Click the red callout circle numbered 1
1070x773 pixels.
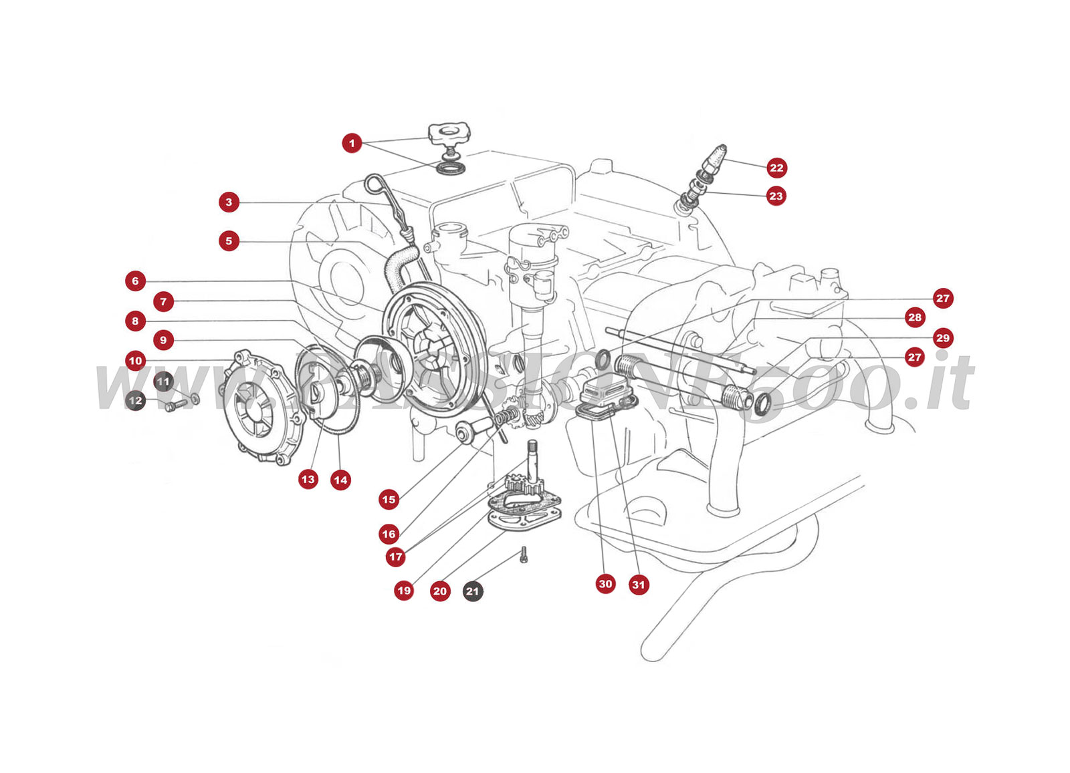point(352,143)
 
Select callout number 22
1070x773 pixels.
point(776,168)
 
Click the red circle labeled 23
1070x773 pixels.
point(776,196)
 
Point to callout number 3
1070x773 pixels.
point(229,202)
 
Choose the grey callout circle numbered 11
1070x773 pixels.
point(164,381)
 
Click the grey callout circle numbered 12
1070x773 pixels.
point(135,401)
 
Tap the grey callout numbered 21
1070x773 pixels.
point(473,591)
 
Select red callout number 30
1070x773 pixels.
point(605,584)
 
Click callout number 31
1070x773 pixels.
point(639,585)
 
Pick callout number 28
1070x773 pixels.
point(915,317)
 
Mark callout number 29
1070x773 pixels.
point(943,337)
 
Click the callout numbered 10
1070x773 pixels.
point(135,361)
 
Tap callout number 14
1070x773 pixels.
point(340,480)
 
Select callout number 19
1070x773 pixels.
point(404,591)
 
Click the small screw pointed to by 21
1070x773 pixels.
point(524,554)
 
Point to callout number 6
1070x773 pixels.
point(135,281)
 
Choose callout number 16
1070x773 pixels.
point(389,534)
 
